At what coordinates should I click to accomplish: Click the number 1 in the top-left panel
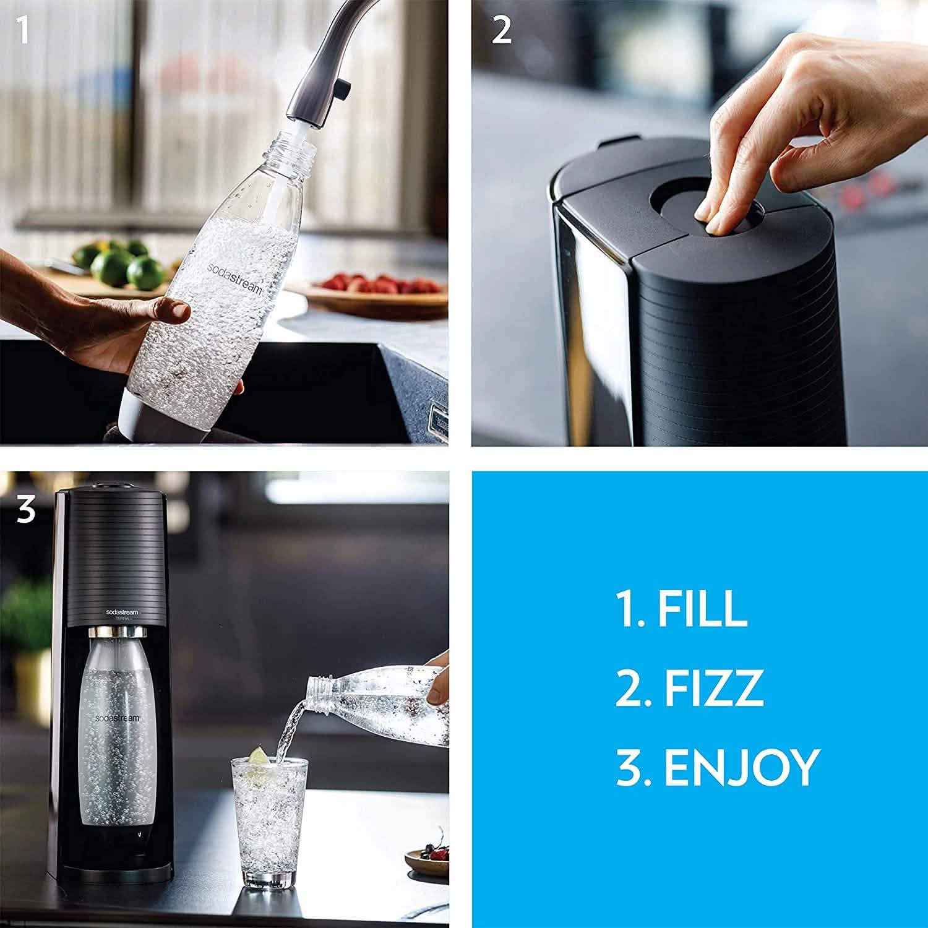[x=24, y=31]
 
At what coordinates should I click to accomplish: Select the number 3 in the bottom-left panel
[x=26, y=510]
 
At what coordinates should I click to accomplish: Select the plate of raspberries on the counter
[x=377, y=291]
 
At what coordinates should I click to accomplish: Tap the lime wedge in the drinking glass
[x=258, y=756]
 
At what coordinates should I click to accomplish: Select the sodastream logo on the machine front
[x=122, y=612]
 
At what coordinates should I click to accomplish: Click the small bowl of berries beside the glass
[x=427, y=857]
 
